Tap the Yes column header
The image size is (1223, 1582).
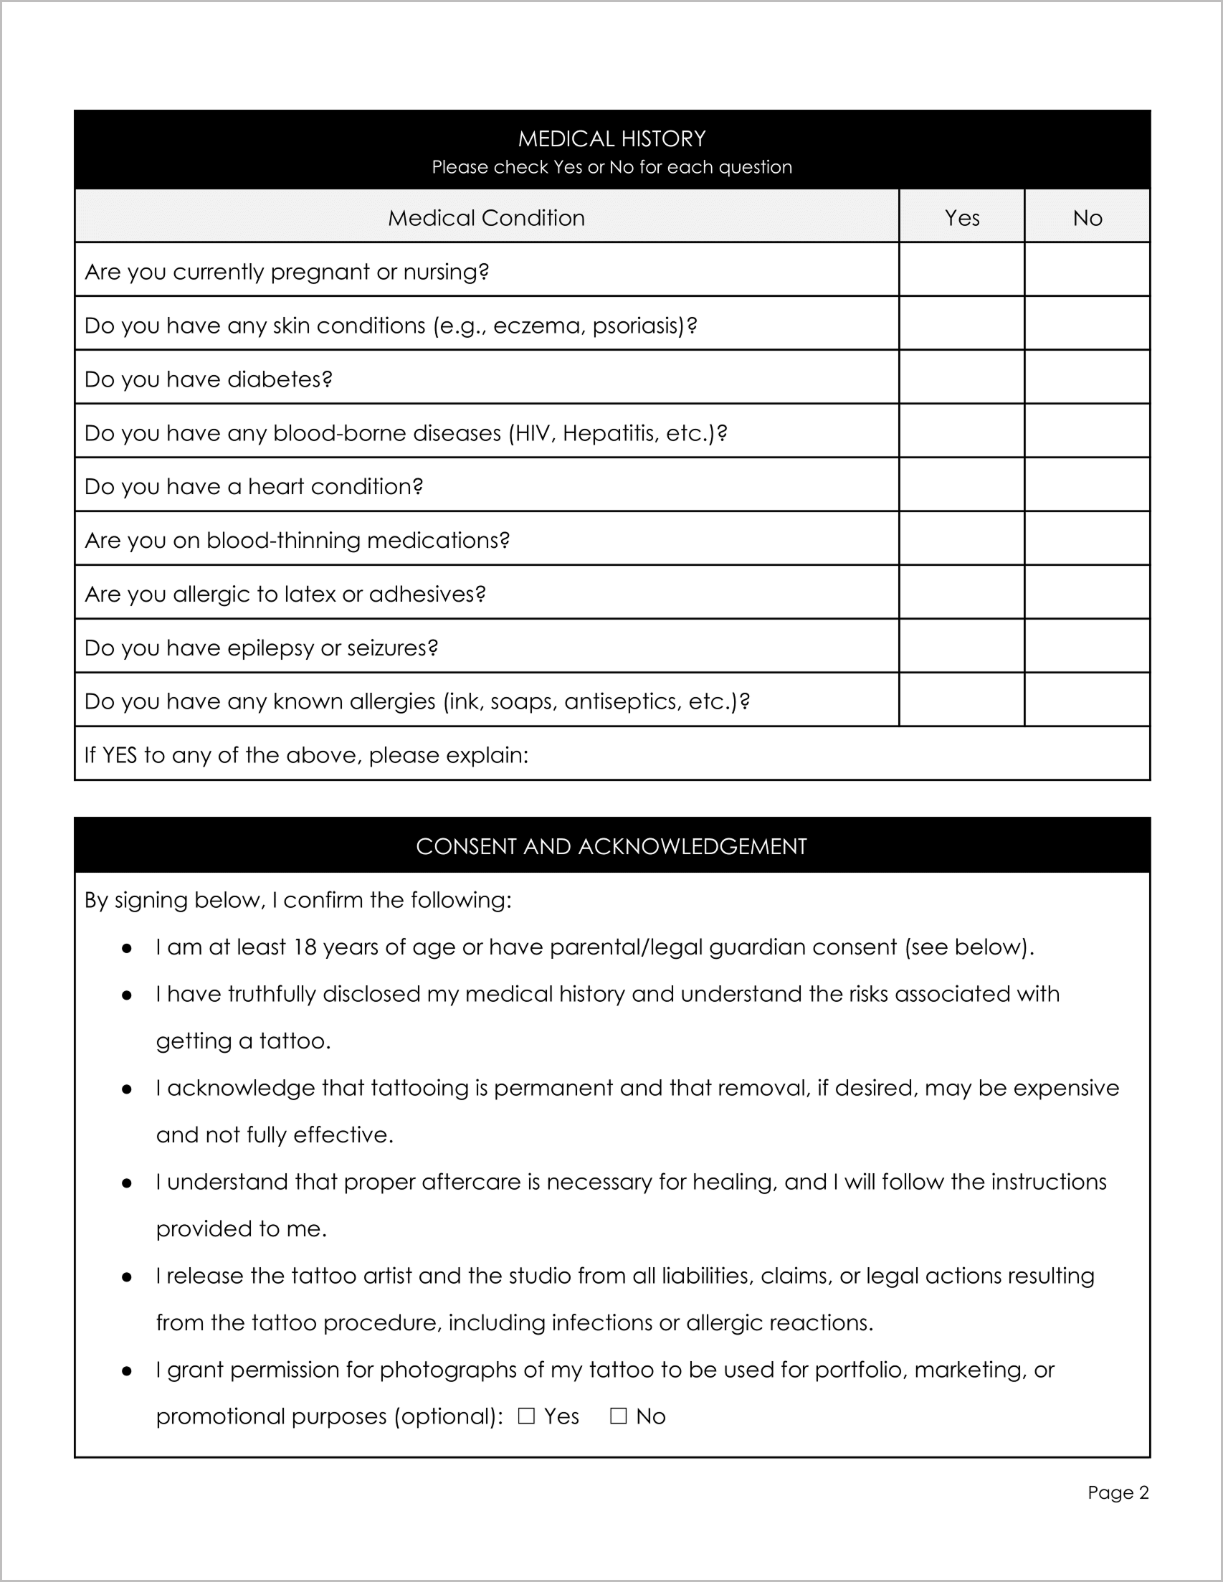(961, 217)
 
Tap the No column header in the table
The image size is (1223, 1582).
(1087, 217)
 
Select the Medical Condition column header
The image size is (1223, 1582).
(486, 217)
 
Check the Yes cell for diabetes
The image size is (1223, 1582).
(961, 377)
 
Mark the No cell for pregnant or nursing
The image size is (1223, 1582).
(1087, 270)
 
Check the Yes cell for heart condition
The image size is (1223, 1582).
(961, 485)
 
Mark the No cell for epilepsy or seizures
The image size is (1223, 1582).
(1087, 645)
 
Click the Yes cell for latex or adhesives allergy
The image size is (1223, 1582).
(961, 592)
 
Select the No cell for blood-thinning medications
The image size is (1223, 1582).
(1087, 538)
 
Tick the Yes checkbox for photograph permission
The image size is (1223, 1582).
(526, 1416)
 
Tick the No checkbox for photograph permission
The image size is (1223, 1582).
(618, 1416)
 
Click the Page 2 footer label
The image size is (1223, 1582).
(1118, 1492)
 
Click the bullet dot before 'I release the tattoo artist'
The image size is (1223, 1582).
(127, 1277)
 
